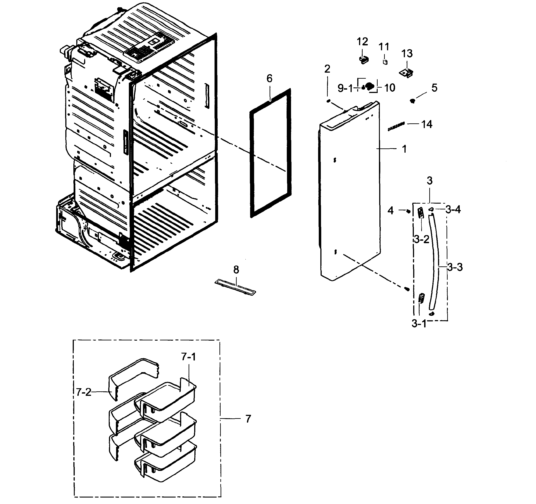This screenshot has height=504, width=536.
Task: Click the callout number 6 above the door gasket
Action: [269, 79]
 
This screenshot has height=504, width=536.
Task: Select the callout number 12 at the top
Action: [362, 42]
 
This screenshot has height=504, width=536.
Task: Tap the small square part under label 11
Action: [385, 62]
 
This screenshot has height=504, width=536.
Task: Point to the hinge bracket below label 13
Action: [406, 73]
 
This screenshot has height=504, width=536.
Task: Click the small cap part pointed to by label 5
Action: [412, 101]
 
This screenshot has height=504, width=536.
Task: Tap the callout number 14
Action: [427, 124]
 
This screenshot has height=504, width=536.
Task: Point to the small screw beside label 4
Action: [408, 211]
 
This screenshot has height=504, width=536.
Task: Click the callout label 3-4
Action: [453, 209]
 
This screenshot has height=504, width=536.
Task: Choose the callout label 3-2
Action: [421, 239]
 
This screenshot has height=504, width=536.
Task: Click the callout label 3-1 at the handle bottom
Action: [419, 323]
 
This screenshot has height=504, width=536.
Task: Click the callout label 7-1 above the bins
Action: [188, 357]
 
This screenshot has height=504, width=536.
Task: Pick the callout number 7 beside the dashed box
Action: [248, 419]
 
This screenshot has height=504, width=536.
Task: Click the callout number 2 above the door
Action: [327, 69]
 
